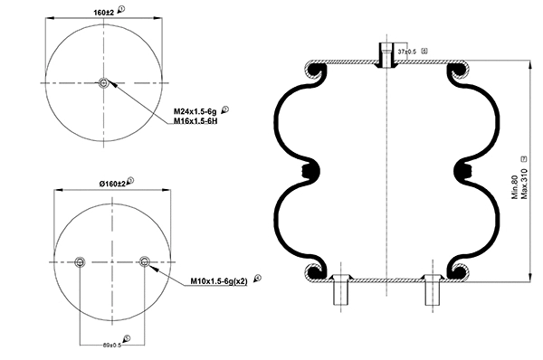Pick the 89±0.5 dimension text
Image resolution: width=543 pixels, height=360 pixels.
111,344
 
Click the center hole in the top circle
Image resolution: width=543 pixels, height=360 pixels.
104,84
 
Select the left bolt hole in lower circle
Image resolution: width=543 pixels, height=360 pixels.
79,262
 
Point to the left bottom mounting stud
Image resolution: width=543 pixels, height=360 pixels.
342,291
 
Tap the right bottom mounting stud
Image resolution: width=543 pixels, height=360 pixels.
431,291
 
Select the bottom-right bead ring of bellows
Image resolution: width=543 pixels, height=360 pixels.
459,270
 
